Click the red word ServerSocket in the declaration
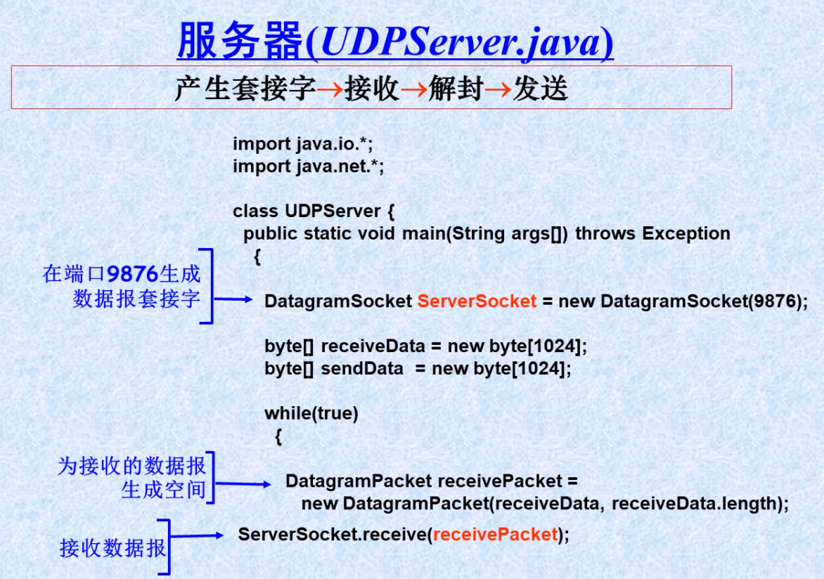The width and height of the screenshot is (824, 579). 477,301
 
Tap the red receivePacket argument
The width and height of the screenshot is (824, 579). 495,534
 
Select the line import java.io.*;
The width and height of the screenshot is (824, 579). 303,143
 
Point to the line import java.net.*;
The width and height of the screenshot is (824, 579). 309,166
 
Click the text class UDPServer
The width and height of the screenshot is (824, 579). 307,211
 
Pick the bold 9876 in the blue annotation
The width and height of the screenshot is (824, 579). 132,274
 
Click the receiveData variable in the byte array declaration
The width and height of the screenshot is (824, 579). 373,346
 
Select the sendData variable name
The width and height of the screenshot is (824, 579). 361,368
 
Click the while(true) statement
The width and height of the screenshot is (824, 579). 311,413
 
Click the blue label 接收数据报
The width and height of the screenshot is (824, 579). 113,548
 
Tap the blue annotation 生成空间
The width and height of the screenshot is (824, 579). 163,490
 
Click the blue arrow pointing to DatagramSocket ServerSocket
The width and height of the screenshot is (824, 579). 233,299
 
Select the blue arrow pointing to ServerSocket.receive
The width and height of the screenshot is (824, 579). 197,535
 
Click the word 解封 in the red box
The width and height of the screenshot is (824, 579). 456,88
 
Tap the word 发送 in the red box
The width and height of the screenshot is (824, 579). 540,88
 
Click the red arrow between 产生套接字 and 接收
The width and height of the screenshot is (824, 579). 330,89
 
